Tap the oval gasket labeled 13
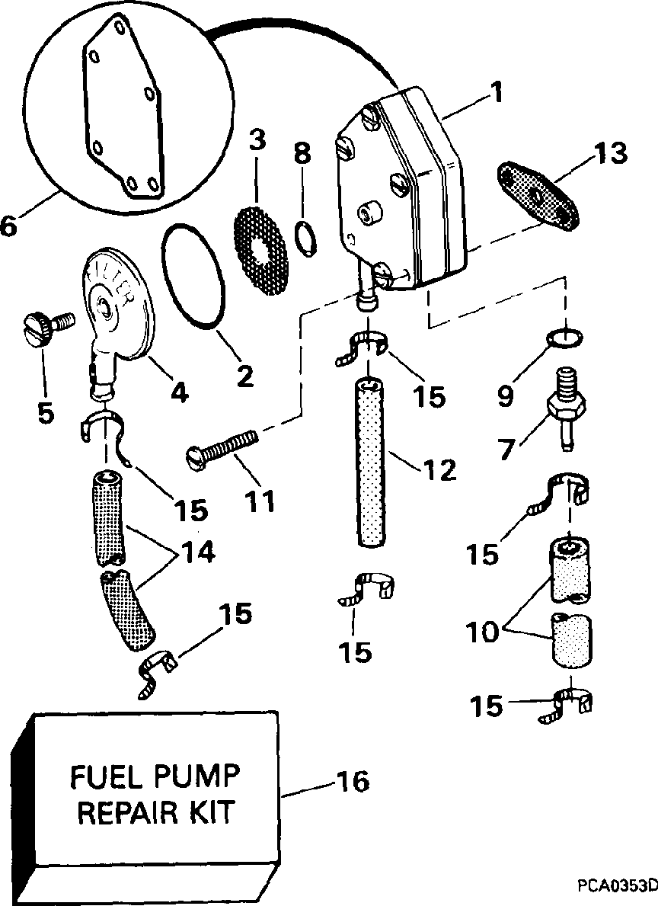click(538, 197)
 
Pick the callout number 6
click(8, 226)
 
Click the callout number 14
click(197, 552)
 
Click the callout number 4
click(178, 392)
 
